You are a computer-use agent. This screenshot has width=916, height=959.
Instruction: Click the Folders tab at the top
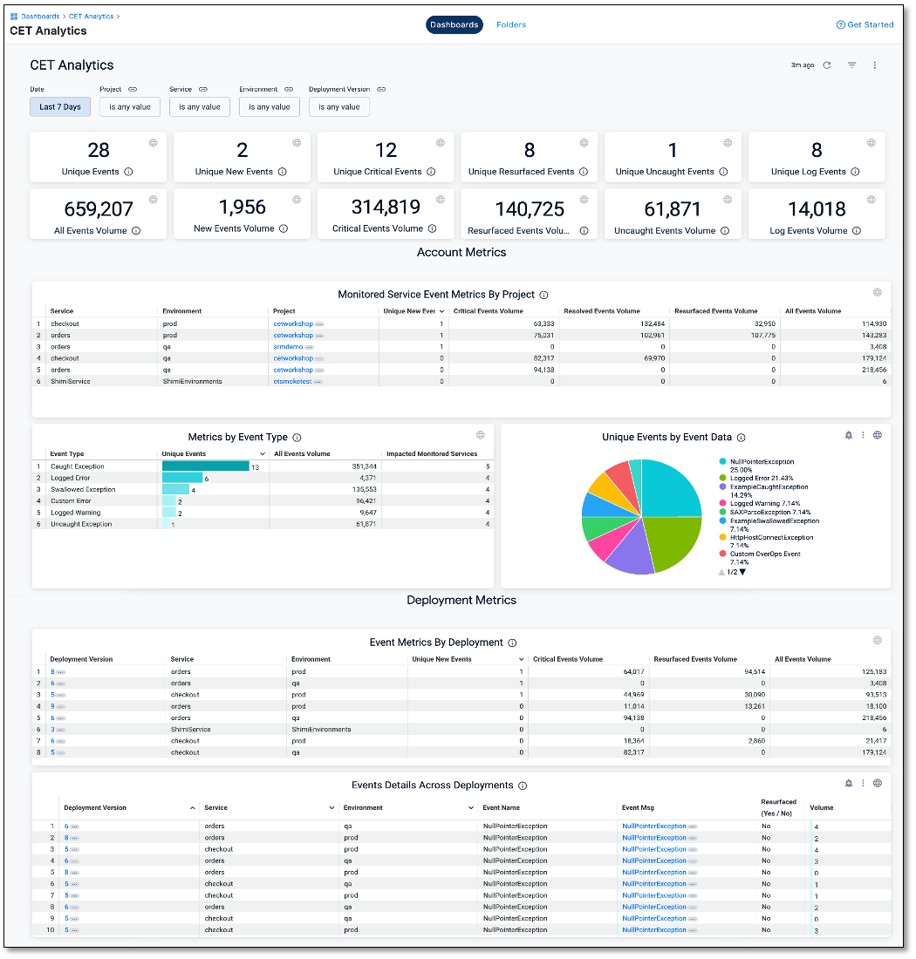(511, 24)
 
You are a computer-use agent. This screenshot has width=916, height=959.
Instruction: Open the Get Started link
(865, 24)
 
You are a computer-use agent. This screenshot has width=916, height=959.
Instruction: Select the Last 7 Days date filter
(60, 107)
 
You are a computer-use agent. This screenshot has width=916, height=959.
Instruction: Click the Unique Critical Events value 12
(386, 151)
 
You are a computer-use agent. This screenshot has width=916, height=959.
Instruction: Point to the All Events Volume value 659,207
(99, 209)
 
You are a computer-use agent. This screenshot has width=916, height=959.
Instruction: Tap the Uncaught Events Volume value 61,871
(673, 209)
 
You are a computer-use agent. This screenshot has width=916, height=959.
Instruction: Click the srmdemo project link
(288, 347)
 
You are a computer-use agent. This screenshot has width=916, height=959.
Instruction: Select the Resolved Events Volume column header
(602, 311)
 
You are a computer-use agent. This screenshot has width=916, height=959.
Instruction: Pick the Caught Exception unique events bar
(205, 466)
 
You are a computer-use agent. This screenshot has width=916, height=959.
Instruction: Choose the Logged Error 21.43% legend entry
(762, 478)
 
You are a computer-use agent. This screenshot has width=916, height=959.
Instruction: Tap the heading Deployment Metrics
(461, 600)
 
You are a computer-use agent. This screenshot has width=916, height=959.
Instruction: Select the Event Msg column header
(638, 808)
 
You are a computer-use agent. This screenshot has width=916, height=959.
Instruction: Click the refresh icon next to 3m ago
(827, 65)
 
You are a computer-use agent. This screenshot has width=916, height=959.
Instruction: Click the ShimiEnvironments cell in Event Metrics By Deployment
(321, 730)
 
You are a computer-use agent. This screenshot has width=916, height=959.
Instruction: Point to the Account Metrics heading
(461, 252)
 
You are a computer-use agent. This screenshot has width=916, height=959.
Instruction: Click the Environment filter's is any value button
(270, 107)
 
